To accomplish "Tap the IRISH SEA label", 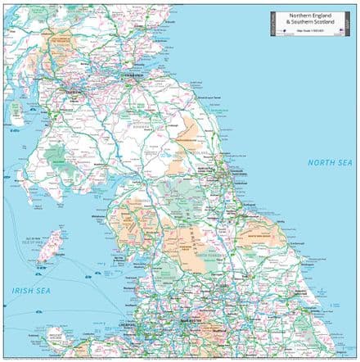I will pos(29,290).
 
